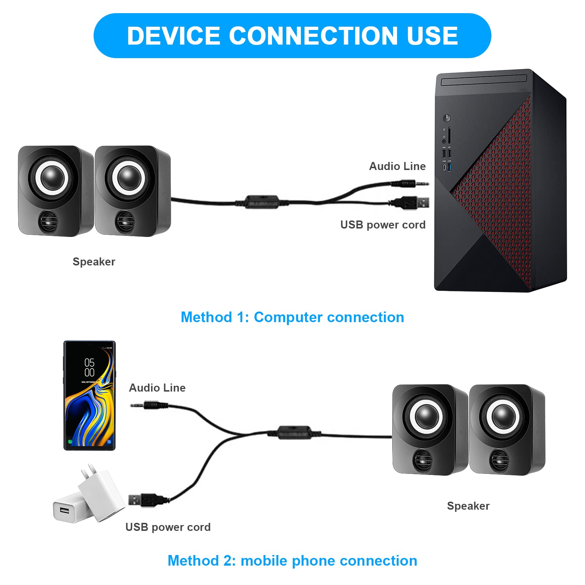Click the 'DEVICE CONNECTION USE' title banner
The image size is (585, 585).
pyautogui.click(x=292, y=35)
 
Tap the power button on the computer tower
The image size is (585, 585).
pyautogui.click(x=446, y=118)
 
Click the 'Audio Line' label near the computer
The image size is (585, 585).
pyautogui.click(x=397, y=166)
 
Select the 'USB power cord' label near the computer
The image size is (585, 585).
pyautogui.click(x=382, y=225)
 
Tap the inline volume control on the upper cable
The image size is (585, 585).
pyautogui.click(x=261, y=202)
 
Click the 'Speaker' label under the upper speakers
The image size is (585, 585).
pyautogui.click(x=94, y=262)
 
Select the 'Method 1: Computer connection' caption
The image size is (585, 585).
pyautogui.click(x=292, y=317)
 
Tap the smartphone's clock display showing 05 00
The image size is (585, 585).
pyautogui.click(x=89, y=367)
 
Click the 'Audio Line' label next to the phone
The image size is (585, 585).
pyautogui.click(x=157, y=388)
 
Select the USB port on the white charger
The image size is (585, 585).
pyautogui.click(x=64, y=510)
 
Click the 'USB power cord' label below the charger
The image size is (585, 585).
pyautogui.click(x=168, y=527)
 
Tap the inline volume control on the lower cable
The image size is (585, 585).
pyautogui.click(x=294, y=433)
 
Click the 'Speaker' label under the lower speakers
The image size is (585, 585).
pyautogui.click(x=468, y=506)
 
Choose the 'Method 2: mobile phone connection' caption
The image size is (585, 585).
pyautogui.click(x=292, y=561)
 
